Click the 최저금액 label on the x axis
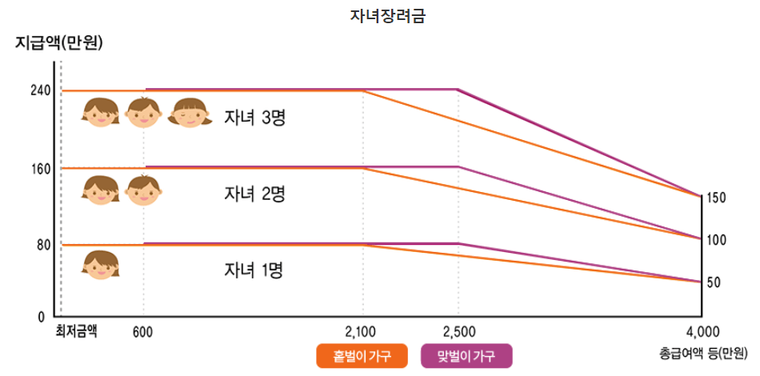pyautogui.click(x=76, y=330)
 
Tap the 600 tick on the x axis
pyautogui.click(x=143, y=331)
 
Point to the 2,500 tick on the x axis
pyautogui.click(x=458, y=331)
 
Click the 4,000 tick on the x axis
pyautogui.click(x=701, y=331)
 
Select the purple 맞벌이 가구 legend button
pyautogui.click(x=466, y=356)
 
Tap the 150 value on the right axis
pyautogui.click(x=717, y=197)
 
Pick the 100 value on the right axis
pyautogui.click(x=717, y=239)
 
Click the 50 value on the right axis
pyautogui.click(x=714, y=282)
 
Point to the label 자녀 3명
pyautogui.click(x=255, y=118)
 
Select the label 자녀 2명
pyautogui.click(x=255, y=194)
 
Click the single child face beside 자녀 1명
pyautogui.click(x=101, y=265)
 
